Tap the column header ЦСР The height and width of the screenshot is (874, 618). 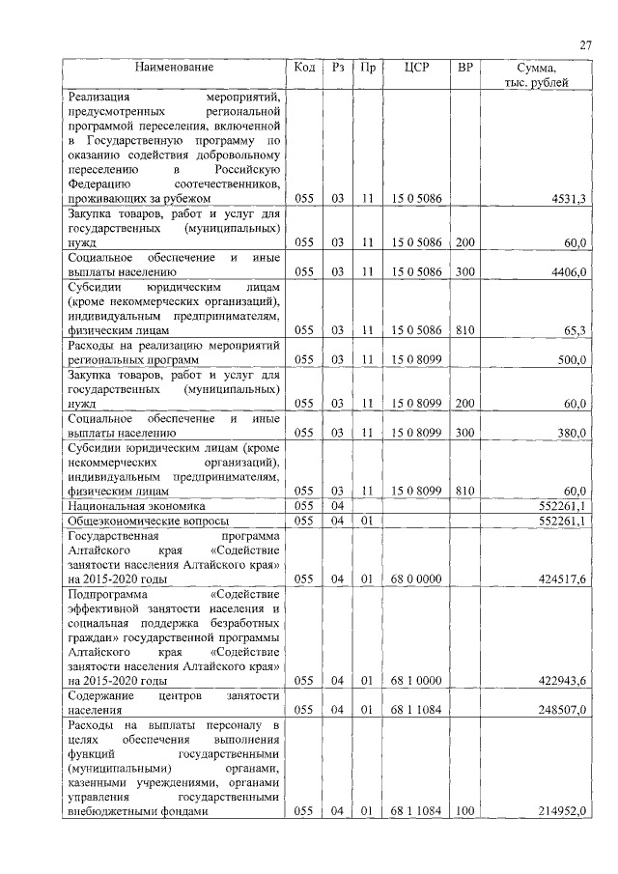tap(417, 68)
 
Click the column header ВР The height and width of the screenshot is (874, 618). tap(465, 68)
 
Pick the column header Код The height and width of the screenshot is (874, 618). tap(304, 68)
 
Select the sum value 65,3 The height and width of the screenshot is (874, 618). tap(575, 331)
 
